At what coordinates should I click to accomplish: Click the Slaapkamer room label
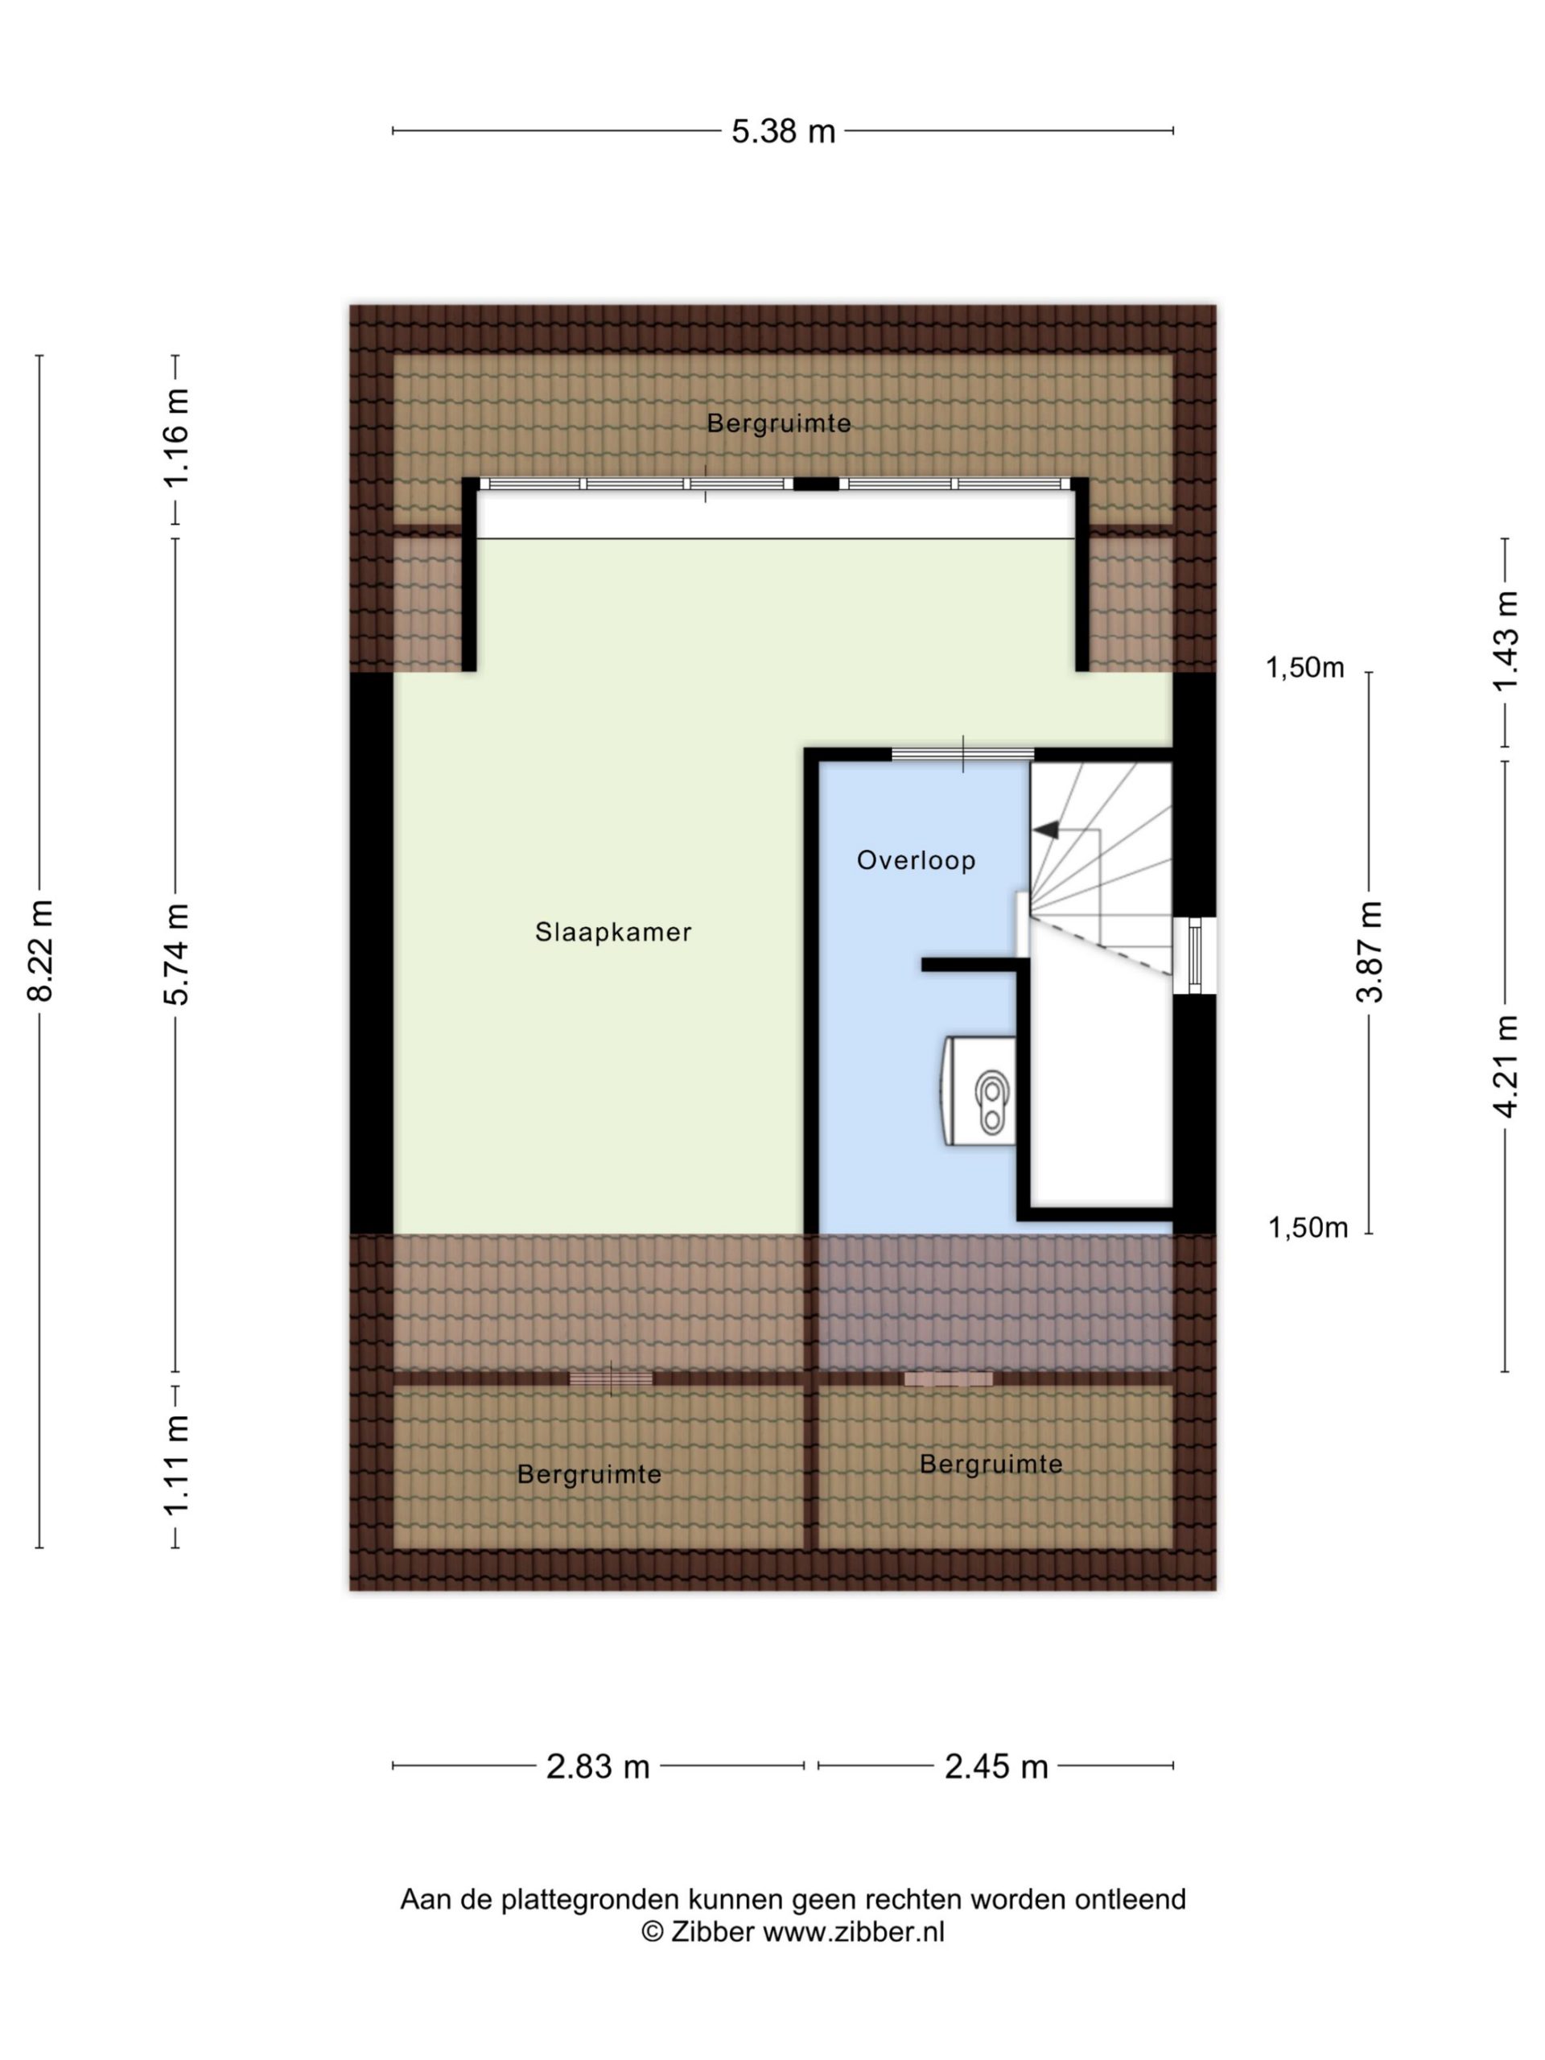click(613, 932)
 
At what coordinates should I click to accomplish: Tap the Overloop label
click(916, 860)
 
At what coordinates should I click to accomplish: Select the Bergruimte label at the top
click(779, 424)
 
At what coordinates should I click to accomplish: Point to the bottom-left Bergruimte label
click(588, 1474)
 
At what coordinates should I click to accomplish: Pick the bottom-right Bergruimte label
click(990, 1464)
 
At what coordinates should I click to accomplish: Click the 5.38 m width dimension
click(782, 131)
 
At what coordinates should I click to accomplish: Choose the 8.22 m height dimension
click(40, 951)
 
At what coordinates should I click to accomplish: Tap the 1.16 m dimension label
click(176, 438)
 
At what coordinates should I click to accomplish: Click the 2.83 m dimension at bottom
click(597, 1766)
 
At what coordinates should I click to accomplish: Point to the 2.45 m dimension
click(995, 1766)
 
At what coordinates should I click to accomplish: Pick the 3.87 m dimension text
click(1369, 952)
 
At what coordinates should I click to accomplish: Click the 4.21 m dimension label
click(1505, 1066)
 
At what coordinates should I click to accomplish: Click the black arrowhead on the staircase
click(1046, 830)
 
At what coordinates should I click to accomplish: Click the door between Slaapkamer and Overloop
click(963, 754)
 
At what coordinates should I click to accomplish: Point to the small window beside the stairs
click(1194, 955)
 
